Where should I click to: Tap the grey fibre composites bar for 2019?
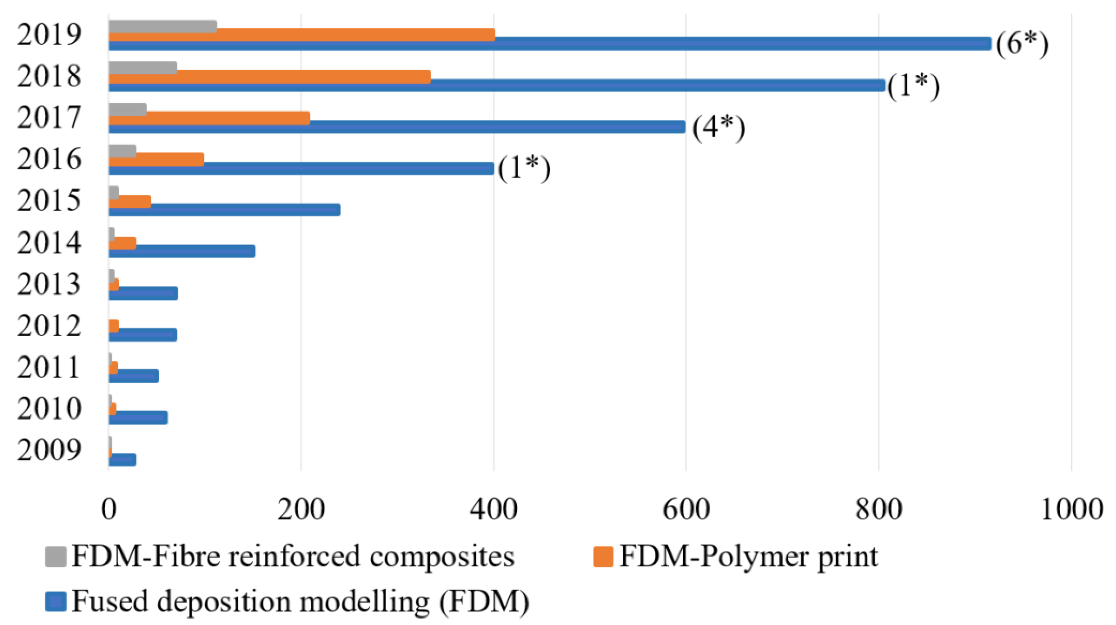[162, 26]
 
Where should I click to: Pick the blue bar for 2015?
[224, 210]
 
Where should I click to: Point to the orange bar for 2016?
[156, 160]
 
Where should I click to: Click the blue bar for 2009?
[123, 459]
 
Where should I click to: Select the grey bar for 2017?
[127, 109]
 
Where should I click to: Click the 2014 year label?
[49, 243]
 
